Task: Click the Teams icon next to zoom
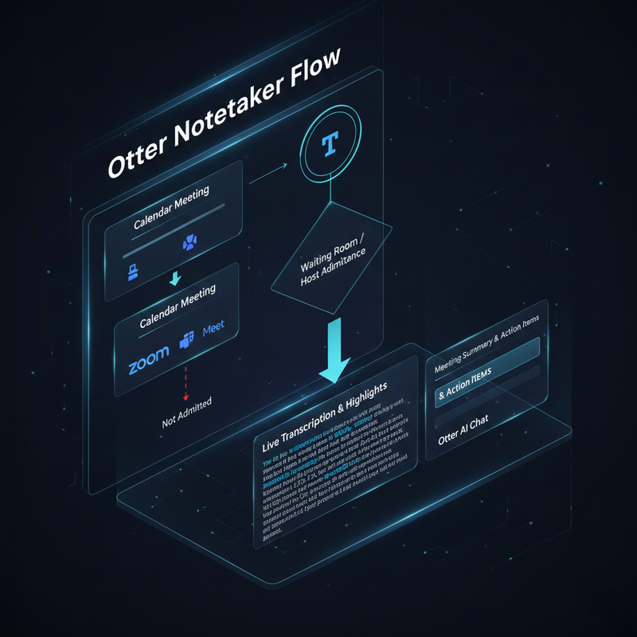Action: [187, 338]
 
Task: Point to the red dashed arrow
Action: [186, 382]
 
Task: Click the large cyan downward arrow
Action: [334, 350]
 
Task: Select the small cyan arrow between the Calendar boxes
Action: [176, 278]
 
